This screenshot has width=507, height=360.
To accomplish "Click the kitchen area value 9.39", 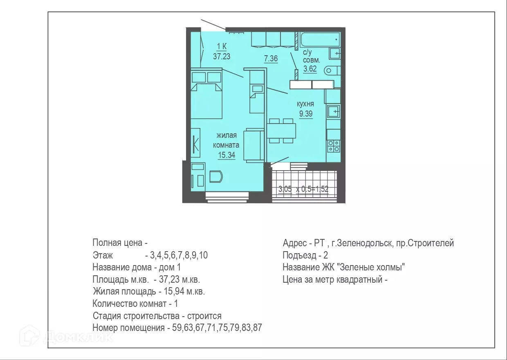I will click(x=305, y=114).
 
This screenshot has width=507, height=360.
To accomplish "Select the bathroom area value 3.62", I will click(x=310, y=69).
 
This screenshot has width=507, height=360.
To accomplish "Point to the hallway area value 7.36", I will click(x=271, y=59).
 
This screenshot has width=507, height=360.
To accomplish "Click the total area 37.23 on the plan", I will click(x=222, y=56).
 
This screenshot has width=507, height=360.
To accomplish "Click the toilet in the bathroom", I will click(x=332, y=70).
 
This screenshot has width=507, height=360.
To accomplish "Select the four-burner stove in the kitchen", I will click(x=334, y=146).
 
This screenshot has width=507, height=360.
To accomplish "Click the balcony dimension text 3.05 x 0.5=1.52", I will click(x=303, y=189).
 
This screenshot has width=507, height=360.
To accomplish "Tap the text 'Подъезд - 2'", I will click(x=305, y=256).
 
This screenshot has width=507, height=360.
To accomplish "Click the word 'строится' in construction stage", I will click(x=205, y=316).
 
